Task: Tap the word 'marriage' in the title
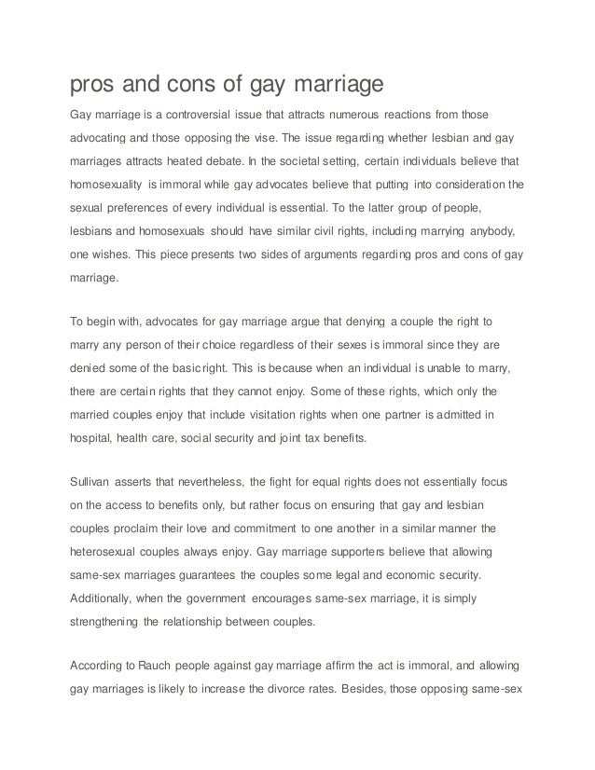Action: [x=333, y=87]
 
